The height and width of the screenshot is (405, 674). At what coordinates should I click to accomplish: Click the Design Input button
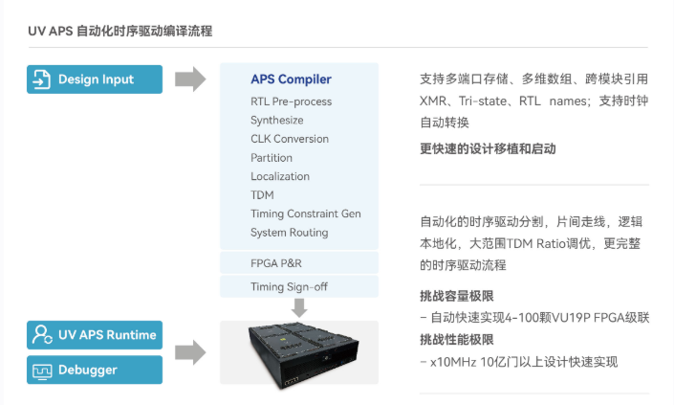[x=95, y=79]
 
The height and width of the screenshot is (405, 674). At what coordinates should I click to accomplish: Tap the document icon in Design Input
[x=42, y=79]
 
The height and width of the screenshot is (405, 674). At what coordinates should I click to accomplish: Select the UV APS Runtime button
[x=95, y=335]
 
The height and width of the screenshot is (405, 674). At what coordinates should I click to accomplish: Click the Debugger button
[x=95, y=370]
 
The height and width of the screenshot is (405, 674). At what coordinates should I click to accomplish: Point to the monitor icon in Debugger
[x=42, y=371]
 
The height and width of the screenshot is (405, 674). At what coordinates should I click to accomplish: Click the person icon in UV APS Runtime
[x=42, y=334]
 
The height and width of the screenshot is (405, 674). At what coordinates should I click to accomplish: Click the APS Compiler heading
[x=291, y=79]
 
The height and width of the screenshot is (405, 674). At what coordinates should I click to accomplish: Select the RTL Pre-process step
[x=291, y=101]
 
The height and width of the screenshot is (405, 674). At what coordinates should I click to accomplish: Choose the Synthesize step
[x=277, y=120]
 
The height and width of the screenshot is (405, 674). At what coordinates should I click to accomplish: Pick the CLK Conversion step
[x=290, y=139]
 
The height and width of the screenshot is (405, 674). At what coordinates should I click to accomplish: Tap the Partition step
[x=272, y=158]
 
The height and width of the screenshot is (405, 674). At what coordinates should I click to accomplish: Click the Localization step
[x=280, y=176]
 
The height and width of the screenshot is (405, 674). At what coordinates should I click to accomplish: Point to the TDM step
[x=262, y=195]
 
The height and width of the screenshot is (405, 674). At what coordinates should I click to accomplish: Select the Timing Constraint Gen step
[x=306, y=214]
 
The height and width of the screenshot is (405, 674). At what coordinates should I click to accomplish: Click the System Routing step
[x=290, y=233]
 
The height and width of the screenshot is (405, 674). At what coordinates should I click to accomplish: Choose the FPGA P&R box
[x=299, y=263]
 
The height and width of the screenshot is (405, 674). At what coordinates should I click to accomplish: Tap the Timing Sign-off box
[x=299, y=286]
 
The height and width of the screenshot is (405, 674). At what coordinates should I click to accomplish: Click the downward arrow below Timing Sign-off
[x=299, y=307]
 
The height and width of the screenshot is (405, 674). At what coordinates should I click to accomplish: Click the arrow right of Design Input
[x=190, y=79]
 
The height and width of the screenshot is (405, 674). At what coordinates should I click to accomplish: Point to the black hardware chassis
[x=303, y=354]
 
